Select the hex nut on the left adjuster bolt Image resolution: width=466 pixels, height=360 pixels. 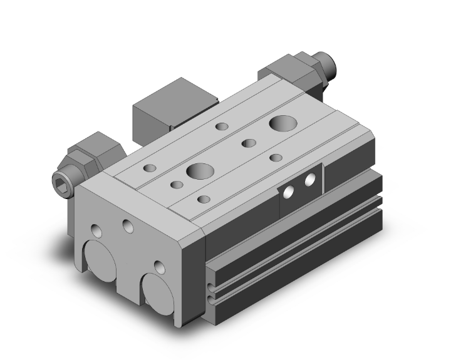click(x=88, y=153)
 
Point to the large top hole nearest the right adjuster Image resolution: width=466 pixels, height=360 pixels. click(x=279, y=122)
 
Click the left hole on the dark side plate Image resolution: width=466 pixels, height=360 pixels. click(x=290, y=192)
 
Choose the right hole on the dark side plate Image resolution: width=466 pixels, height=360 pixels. click(x=309, y=180)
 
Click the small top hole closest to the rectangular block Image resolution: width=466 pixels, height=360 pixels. click(x=221, y=127)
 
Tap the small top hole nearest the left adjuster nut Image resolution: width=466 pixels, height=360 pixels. click(x=150, y=168)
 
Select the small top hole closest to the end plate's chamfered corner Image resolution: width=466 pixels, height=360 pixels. click(x=203, y=199)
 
